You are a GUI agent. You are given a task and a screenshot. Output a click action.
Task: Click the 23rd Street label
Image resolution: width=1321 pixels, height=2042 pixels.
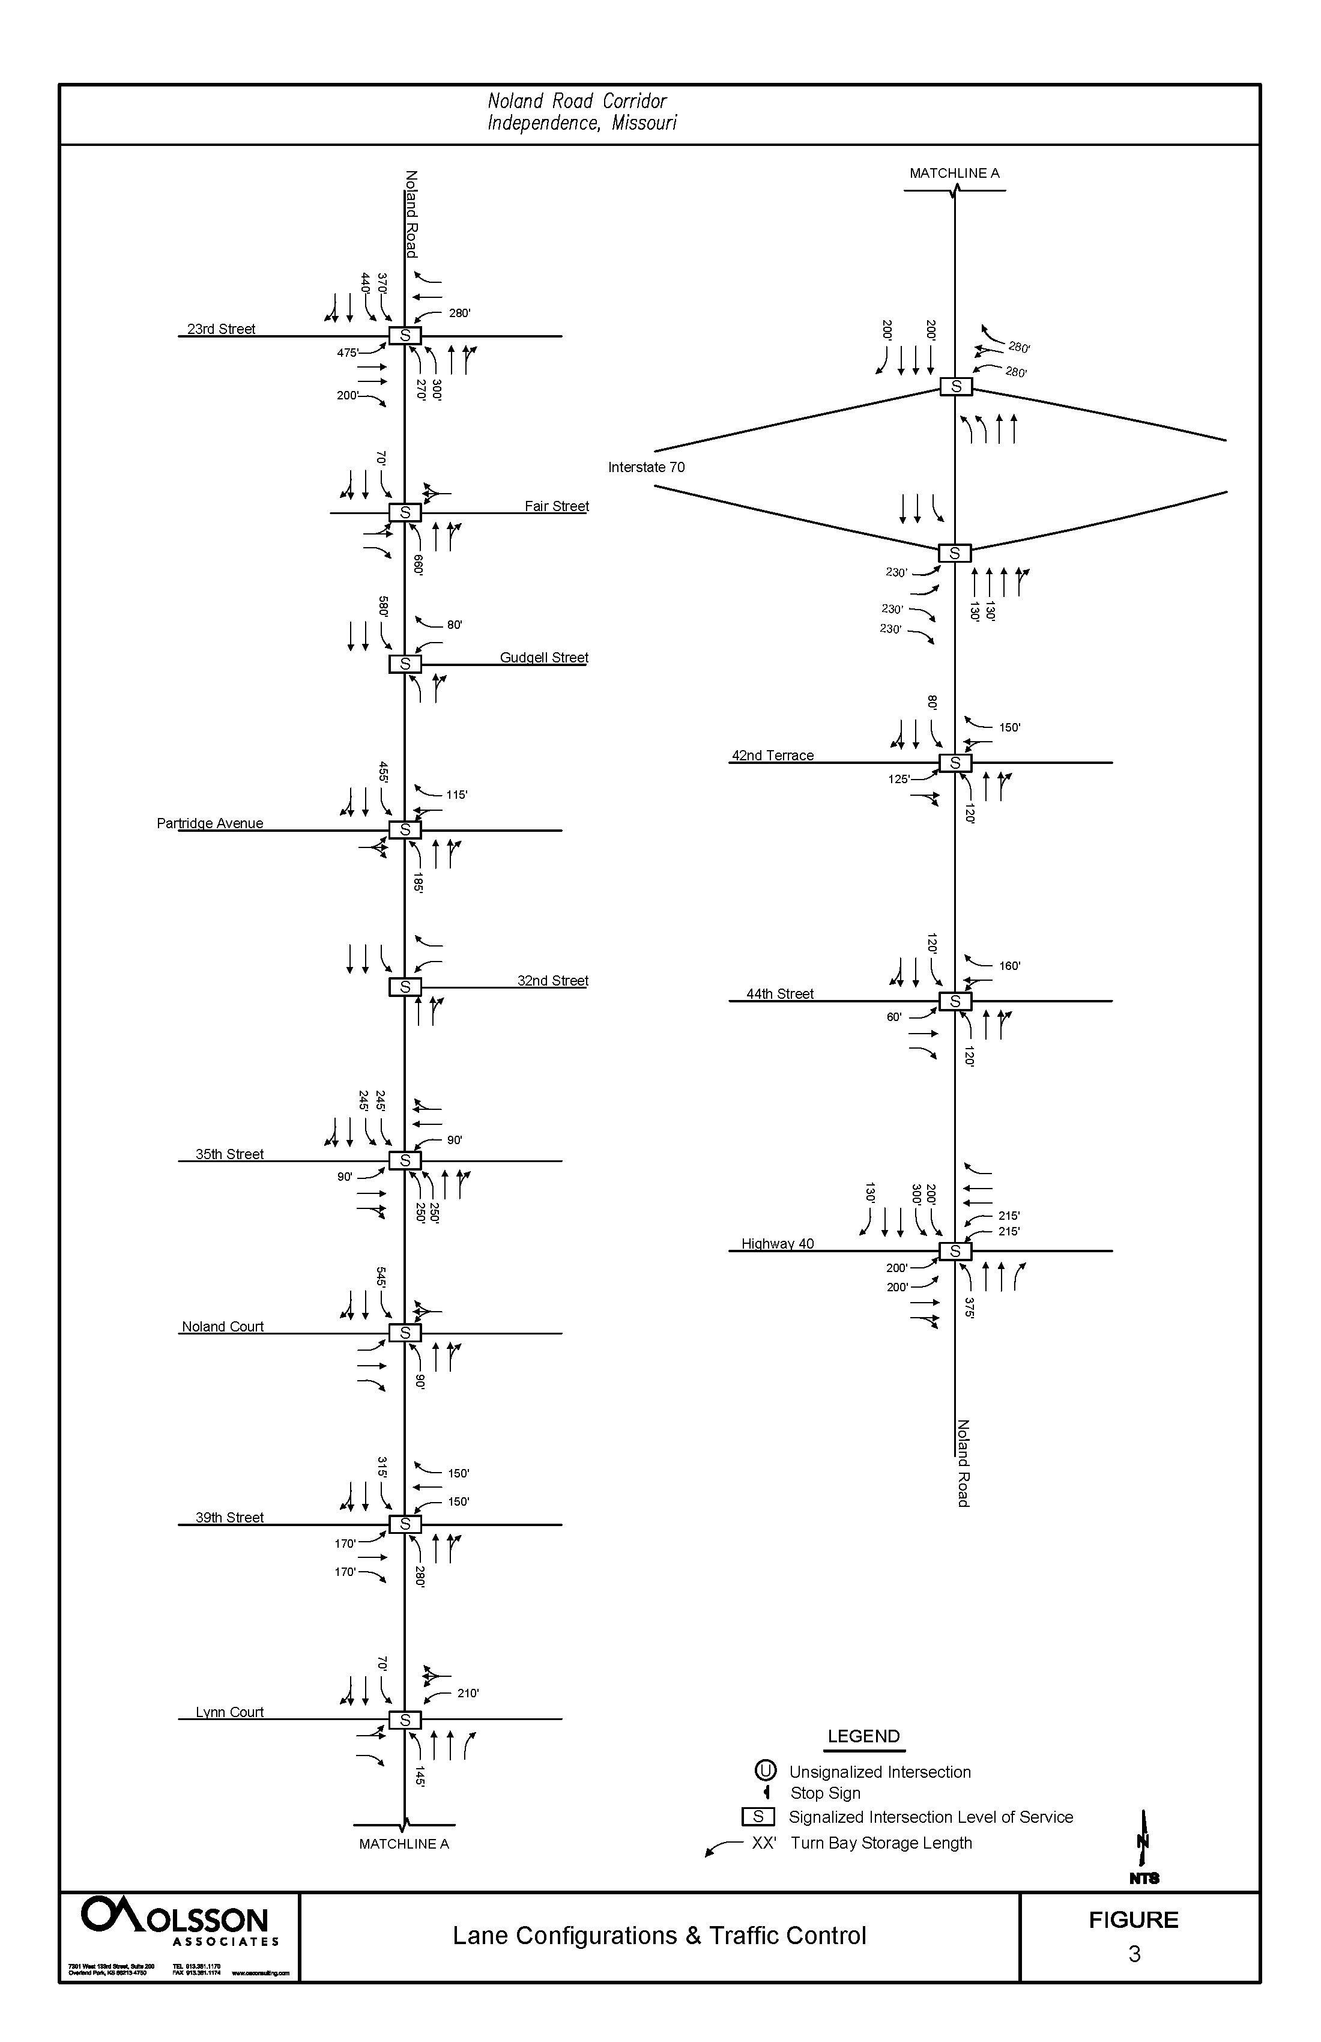pyautogui.click(x=222, y=329)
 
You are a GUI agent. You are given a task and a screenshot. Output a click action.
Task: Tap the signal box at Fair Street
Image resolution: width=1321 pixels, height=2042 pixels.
pyautogui.click(x=405, y=512)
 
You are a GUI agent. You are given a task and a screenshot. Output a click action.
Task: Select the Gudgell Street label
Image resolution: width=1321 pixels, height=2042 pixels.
pyautogui.click(x=544, y=657)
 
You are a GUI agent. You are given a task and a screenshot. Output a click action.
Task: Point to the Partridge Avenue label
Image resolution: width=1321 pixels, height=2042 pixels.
pyautogui.click(x=210, y=823)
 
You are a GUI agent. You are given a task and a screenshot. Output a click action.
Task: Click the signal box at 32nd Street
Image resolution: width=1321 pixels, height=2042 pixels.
pyautogui.click(x=405, y=987)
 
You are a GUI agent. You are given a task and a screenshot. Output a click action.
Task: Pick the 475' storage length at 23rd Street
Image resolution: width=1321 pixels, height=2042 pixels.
pyautogui.click(x=348, y=353)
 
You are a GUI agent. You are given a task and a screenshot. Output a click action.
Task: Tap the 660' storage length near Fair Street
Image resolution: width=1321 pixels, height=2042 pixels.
pyautogui.click(x=419, y=565)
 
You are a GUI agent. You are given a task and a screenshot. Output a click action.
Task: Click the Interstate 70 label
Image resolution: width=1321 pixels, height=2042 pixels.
pyautogui.click(x=646, y=467)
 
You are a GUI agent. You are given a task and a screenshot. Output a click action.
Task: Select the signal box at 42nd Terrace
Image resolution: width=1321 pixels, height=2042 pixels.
pyautogui.click(x=955, y=763)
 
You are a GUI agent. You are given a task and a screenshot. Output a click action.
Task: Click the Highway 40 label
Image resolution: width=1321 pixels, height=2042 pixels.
pyautogui.click(x=777, y=1243)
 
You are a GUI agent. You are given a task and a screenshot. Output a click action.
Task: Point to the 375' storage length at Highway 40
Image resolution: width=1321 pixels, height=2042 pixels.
pyautogui.click(x=969, y=1307)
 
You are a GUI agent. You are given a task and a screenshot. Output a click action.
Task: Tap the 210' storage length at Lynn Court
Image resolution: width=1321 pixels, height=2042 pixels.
pyautogui.click(x=468, y=1693)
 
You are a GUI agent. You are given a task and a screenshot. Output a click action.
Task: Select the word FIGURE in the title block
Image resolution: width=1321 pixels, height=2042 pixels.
pyautogui.click(x=1133, y=1920)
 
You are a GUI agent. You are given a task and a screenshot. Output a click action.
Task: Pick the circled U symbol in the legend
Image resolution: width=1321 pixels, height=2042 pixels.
pyautogui.click(x=765, y=1770)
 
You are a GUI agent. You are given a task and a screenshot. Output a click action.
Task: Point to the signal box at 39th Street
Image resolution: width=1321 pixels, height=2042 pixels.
pyautogui.click(x=405, y=1524)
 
